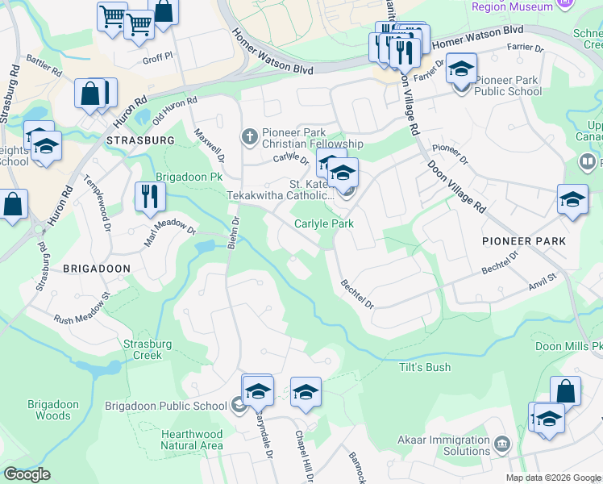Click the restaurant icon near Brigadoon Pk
pyautogui.click(x=150, y=196)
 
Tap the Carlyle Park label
pyautogui.click(x=324, y=223)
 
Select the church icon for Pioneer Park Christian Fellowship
pyautogui.click(x=250, y=136)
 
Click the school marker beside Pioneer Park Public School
pyautogui.click(x=461, y=69)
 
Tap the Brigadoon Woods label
pyautogui.click(x=53, y=410)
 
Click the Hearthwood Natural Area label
pyautogui.click(x=191, y=440)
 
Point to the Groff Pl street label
pyautogui.click(x=157, y=58)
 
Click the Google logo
pyautogui.click(x=27, y=474)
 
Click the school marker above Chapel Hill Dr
pyautogui.click(x=306, y=393)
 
